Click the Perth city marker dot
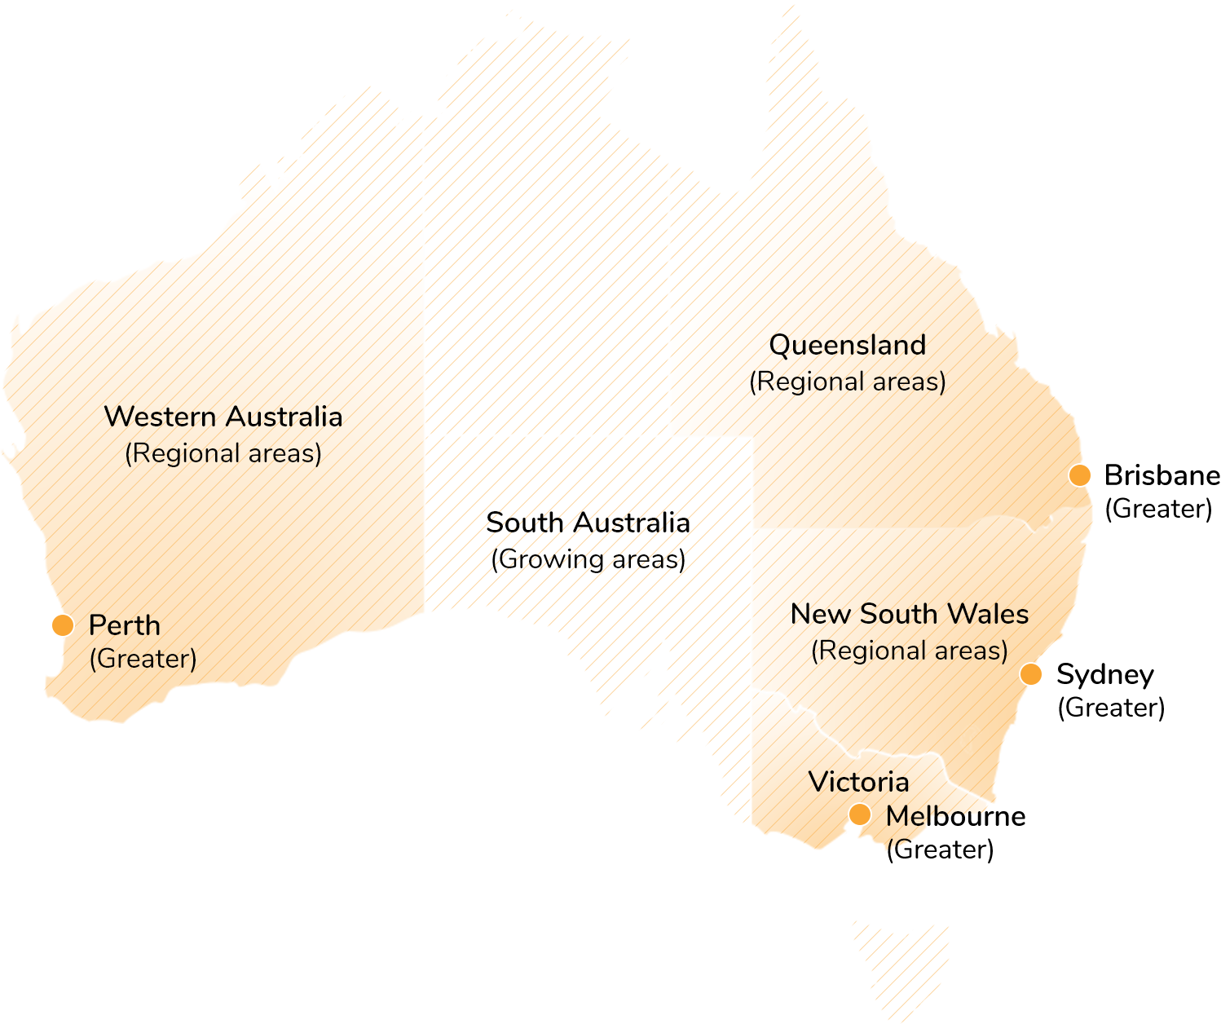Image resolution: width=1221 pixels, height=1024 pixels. [63, 625]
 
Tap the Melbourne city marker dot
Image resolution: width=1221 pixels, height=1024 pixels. [859, 814]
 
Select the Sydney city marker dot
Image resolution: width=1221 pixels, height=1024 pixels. [1031, 674]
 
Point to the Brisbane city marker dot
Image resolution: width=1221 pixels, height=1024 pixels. [1080, 475]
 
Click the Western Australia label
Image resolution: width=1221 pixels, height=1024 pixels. [223, 417]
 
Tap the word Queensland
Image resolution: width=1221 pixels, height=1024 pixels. [848, 345]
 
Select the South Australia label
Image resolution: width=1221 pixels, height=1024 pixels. [588, 523]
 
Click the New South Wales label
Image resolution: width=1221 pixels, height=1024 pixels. [910, 614]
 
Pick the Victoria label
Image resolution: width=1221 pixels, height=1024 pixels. [858, 782]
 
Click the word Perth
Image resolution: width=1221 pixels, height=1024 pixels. [125, 625]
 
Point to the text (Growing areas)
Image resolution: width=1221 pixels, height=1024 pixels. [588, 559]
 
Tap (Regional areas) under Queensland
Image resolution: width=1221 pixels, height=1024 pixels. [848, 382]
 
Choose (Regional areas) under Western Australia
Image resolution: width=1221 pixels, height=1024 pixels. [223, 453]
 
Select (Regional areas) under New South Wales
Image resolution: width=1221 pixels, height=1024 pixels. [910, 651]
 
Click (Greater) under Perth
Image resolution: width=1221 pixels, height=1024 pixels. [143, 659]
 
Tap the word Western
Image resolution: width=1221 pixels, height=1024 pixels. [160, 417]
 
